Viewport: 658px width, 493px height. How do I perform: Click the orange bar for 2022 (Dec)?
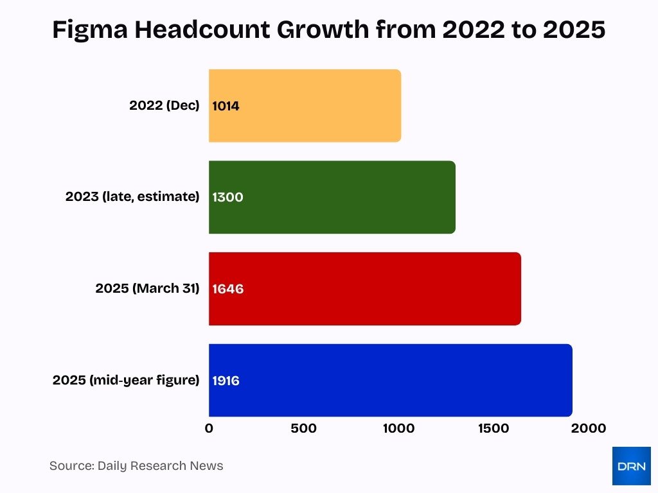pos(305,106)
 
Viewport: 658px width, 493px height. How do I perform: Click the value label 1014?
pos(226,106)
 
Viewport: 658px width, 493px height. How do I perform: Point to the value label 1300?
pos(227,197)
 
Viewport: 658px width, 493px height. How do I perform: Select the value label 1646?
pos(227,289)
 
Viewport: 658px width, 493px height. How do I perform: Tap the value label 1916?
pos(226,381)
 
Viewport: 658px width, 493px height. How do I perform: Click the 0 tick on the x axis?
pos(209,428)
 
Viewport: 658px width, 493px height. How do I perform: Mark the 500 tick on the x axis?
pos(303,428)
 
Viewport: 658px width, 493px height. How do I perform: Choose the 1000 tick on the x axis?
pos(398,428)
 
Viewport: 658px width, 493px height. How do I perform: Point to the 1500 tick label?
pos(493,428)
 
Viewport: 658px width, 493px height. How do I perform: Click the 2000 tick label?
pos(588,428)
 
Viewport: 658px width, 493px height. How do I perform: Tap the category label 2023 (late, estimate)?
pos(132,197)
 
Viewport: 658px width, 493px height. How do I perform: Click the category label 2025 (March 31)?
pos(147,289)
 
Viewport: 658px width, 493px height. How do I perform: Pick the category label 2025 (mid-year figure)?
pos(126,380)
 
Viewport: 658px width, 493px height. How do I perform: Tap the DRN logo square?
pos(631,466)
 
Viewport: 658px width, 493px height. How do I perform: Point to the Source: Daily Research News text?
pos(136,466)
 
